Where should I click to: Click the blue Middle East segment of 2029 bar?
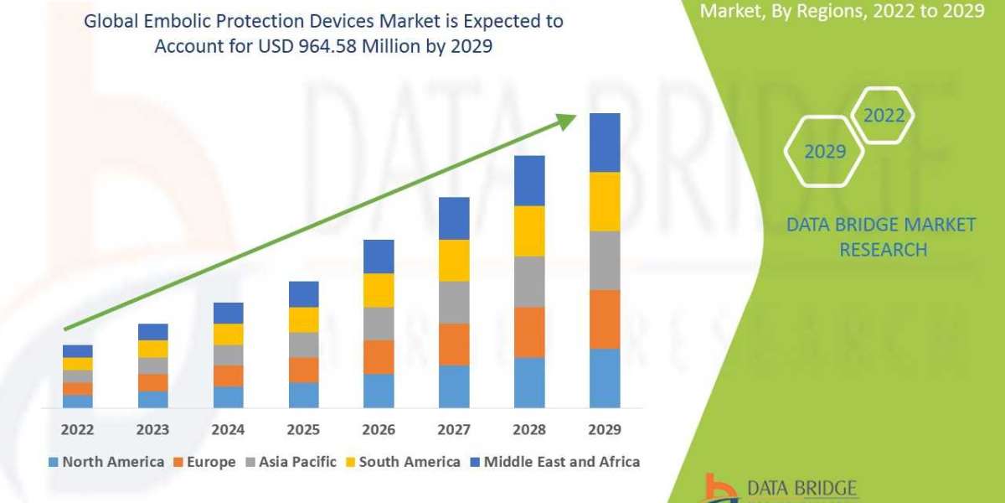[605, 143]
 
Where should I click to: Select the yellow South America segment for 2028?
[529, 231]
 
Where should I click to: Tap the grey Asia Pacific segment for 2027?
[454, 302]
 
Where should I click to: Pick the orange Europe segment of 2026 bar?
[379, 356]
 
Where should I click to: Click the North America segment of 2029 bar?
[605, 378]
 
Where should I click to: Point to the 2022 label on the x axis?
[78, 430]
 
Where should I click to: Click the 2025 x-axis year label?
[303, 430]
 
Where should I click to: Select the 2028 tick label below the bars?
[529, 430]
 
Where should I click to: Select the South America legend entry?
[402, 461]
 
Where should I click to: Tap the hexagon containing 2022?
[884, 116]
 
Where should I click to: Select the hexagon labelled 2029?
[824, 152]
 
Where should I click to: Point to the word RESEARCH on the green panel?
[883, 249]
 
